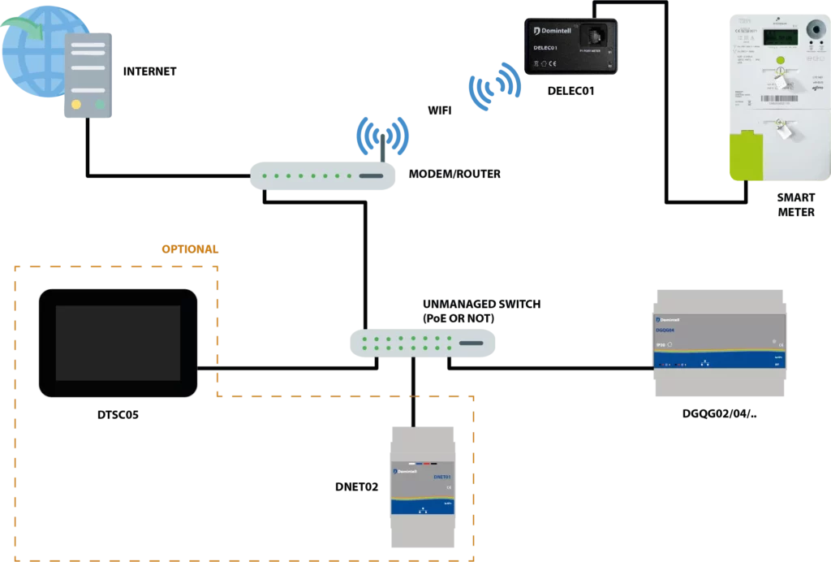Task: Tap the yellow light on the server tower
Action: point(76,104)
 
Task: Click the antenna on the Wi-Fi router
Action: point(383,145)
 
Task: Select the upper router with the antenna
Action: point(321,175)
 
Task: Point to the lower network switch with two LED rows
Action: point(421,342)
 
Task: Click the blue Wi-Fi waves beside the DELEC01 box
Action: point(494,89)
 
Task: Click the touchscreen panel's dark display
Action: point(118,343)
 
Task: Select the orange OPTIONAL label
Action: point(190,247)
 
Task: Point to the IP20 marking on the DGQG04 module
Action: point(662,344)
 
